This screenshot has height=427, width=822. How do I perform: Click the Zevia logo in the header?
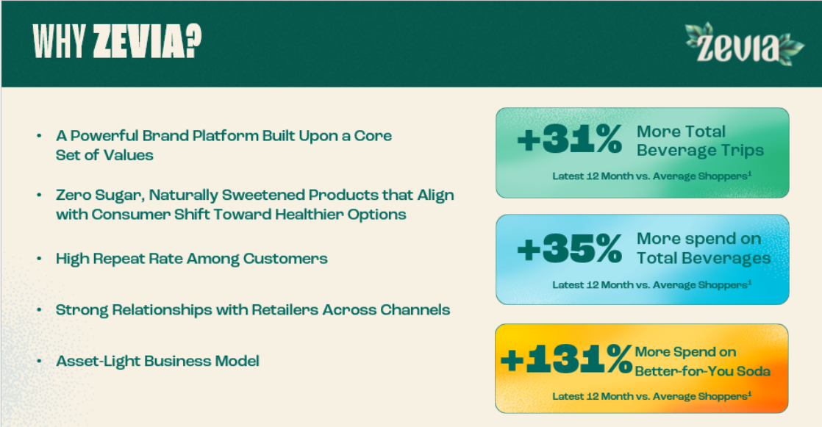(744, 44)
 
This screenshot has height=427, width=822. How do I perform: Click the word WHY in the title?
(60, 41)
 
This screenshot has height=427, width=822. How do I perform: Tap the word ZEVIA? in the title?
(147, 41)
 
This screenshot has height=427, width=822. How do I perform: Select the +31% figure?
(569, 140)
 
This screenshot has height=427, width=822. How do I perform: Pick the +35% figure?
(569, 248)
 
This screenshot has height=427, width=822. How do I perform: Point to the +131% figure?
(567, 359)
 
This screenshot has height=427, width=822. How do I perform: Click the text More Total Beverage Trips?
(700, 140)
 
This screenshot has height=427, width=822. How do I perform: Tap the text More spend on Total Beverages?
(704, 248)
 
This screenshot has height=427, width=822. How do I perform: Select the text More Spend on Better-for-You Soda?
(702, 362)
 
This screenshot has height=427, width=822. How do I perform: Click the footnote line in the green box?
(651, 176)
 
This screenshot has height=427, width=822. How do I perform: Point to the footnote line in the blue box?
(651, 284)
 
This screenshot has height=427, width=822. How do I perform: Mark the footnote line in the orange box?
(651, 396)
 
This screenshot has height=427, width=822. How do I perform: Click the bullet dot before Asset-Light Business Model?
(39, 361)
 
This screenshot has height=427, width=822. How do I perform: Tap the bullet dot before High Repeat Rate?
(39, 258)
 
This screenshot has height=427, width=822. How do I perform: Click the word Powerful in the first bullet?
(104, 136)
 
